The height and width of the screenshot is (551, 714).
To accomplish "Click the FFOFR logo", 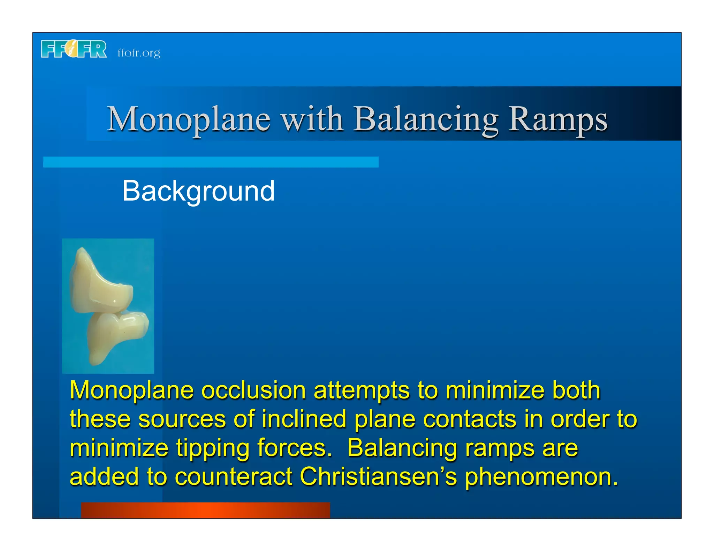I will pyautogui.click(x=74, y=49).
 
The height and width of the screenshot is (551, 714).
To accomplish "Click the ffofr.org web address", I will pyautogui.click(x=139, y=53).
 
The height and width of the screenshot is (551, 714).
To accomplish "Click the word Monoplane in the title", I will pyautogui.click(x=189, y=119).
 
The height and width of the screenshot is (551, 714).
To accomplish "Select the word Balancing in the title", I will pyautogui.click(x=426, y=119).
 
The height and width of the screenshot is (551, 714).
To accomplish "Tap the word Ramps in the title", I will pyautogui.click(x=557, y=119).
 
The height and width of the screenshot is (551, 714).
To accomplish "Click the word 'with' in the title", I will pyautogui.click(x=312, y=119).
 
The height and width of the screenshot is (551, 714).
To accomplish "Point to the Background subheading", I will pyautogui.click(x=198, y=191).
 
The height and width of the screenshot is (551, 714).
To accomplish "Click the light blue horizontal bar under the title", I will pyautogui.click(x=211, y=162).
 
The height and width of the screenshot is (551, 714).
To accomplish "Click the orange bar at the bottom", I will pyautogui.click(x=205, y=510).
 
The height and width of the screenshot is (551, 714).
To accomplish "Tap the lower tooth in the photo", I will pyautogui.click(x=115, y=334).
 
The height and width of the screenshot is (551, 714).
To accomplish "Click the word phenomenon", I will pyautogui.click(x=541, y=476).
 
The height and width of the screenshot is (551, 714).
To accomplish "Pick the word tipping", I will pyautogui.click(x=212, y=448).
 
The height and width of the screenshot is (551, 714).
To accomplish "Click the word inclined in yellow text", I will pyautogui.click(x=304, y=419).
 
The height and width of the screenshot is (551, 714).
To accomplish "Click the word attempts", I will pyautogui.click(x=361, y=391).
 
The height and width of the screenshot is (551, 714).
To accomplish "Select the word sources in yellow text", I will pyautogui.click(x=182, y=419).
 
